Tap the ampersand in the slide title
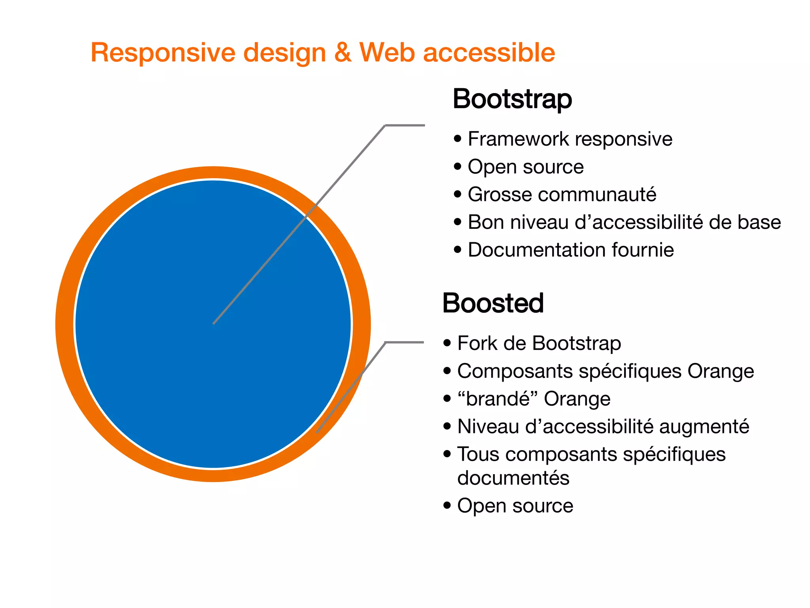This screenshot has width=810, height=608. (343, 53)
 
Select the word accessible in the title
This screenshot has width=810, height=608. (489, 53)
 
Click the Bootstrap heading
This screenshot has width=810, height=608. (512, 99)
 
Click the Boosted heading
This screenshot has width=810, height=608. (493, 303)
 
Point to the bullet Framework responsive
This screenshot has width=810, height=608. (570, 139)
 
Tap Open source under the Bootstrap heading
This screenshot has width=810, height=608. (525, 167)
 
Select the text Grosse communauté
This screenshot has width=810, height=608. (562, 194)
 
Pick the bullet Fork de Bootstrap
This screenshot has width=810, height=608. (539, 343)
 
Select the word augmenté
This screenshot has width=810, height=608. (704, 426)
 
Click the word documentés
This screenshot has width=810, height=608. (513, 478)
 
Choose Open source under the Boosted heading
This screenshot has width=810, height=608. (515, 505)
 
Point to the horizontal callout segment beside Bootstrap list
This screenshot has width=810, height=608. (405, 125)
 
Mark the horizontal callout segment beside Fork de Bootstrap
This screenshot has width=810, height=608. (404, 342)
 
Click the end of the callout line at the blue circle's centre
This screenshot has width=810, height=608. (214, 323)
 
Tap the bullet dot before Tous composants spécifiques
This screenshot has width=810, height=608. (447, 454)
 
